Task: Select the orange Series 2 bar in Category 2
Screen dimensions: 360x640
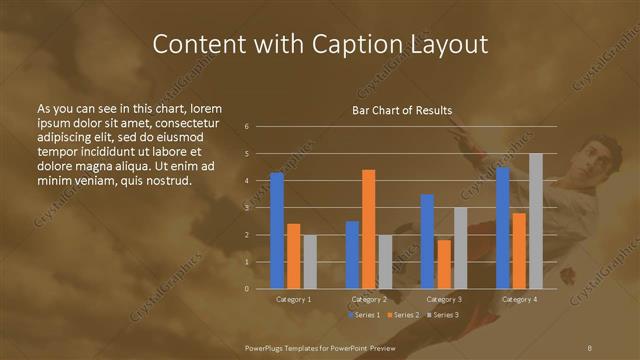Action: tap(368, 229)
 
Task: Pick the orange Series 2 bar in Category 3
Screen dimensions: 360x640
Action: tap(444, 264)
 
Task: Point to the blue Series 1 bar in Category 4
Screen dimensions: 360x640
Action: tap(502, 227)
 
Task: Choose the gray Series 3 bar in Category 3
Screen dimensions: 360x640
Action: tap(460, 248)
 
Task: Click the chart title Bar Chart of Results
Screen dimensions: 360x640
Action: tap(402, 110)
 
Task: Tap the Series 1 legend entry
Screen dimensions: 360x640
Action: tap(366, 315)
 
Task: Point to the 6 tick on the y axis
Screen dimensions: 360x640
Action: tap(247, 127)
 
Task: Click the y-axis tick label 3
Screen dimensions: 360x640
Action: tap(247, 208)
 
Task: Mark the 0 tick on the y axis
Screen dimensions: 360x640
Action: tap(247, 289)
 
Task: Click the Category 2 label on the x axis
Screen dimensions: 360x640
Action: tap(368, 299)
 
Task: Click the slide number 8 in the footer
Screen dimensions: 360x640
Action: tap(590, 346)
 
